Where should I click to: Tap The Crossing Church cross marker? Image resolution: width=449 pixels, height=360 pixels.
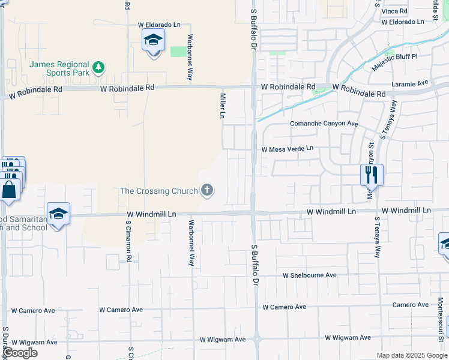(207, 191)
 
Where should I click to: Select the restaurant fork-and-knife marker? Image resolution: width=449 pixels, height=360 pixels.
(372, 174)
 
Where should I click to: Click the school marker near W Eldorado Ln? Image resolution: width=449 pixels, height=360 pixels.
(153, 41)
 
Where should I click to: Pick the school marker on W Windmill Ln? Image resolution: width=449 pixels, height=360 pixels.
(58, 214)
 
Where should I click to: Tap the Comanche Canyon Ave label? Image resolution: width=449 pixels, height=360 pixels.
(324, 124)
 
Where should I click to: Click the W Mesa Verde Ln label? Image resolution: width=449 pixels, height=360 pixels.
(287, 148)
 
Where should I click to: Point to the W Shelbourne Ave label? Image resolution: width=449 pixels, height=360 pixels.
(310, 275)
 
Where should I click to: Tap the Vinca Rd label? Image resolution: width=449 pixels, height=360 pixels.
(395, 11)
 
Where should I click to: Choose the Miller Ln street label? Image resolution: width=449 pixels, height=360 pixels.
(223, 106)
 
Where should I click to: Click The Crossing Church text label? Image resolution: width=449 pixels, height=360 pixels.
(159, 191)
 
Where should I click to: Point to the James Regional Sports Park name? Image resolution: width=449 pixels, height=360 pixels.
(59, 68)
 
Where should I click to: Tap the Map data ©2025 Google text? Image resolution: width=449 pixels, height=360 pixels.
(412, 355)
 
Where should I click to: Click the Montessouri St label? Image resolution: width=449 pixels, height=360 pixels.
(440, 311)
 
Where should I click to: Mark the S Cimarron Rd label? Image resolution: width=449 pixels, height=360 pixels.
(128, 242)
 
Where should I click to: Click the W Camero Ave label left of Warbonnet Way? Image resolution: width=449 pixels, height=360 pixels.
(121, 310)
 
